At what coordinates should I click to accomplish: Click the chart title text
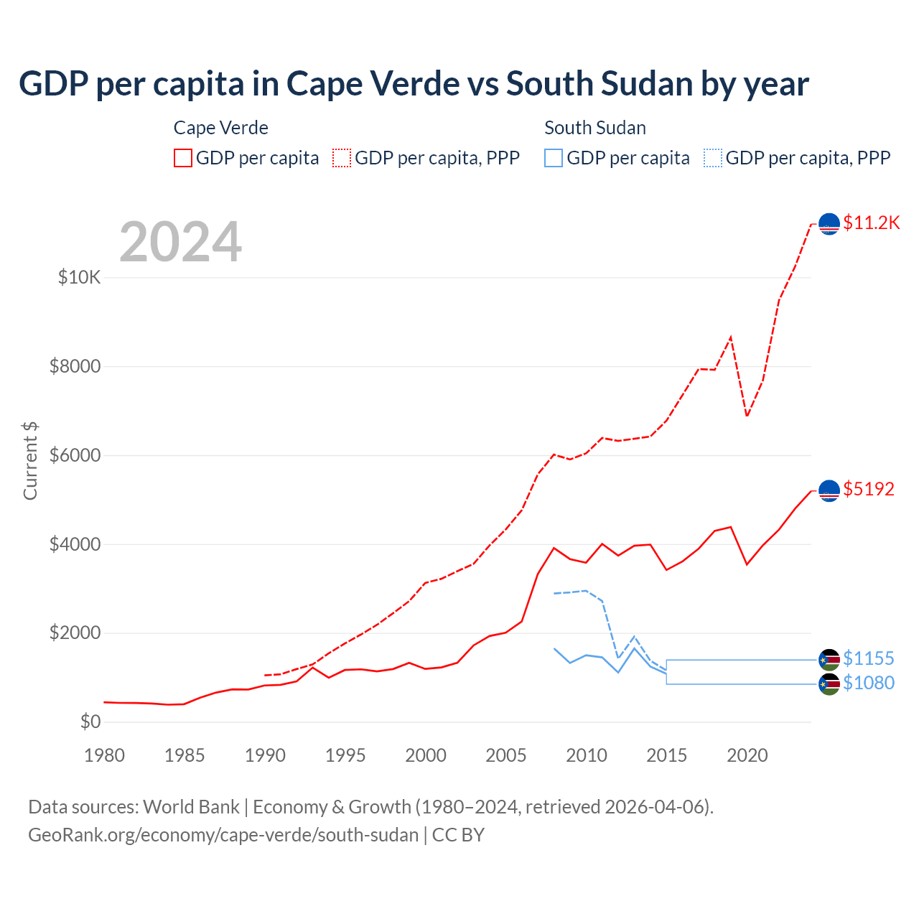tap(414, 84)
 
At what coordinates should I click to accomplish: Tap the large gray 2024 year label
tap(180, 242)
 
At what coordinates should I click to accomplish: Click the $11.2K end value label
tap(871, 223)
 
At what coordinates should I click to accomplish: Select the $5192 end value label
tap(869, 489)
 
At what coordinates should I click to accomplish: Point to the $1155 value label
tap(869, 658)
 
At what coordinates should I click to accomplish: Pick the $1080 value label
tap(869, 683)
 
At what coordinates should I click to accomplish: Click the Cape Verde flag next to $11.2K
tap(829, 224)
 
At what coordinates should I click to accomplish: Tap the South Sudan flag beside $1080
tap(829, 684)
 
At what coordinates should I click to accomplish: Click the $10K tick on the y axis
tap(79, 277)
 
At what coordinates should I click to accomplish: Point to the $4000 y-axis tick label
tap(75, 544)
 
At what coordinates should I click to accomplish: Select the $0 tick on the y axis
tap(90, 722)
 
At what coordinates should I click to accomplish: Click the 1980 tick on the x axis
tap(105, 755)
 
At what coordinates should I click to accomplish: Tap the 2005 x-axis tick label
tap(506, 755)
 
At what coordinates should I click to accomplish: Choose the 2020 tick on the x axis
tap(747, 755)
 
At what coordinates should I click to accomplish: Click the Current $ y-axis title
tap(30, 460)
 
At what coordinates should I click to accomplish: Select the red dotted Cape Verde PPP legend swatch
tap(342, 158)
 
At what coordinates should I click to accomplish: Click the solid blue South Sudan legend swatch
tap(554, 158)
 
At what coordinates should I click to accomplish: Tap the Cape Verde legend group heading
tap(221, 128)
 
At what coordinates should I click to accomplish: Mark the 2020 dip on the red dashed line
tap(747, 416)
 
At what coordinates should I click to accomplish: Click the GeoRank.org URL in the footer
tap(223, 835)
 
